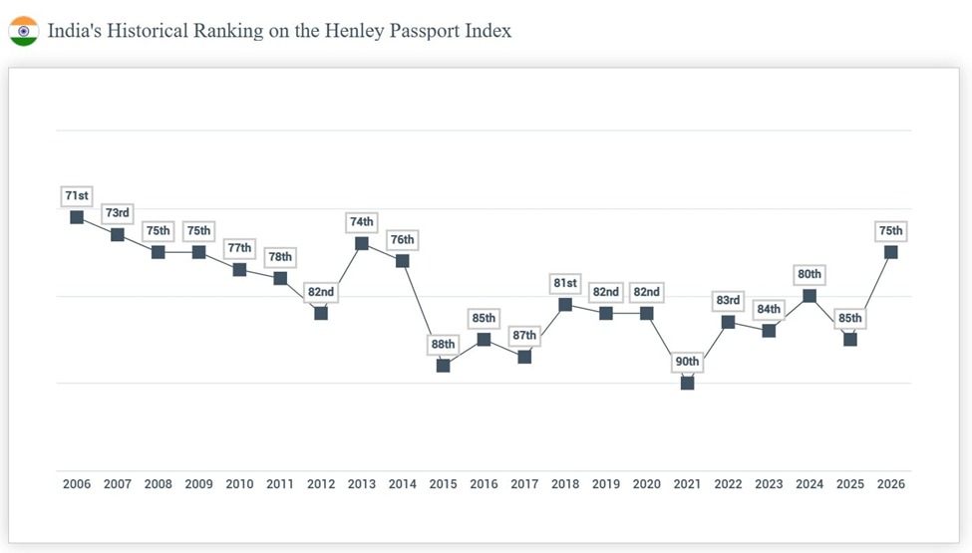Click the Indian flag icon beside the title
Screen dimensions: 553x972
23,31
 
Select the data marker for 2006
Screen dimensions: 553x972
77,217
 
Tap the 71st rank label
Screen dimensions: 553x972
77,196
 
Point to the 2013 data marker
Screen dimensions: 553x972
362,243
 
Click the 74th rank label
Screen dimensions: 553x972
362,222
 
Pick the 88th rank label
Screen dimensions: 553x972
443,345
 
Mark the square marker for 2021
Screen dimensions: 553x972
687,383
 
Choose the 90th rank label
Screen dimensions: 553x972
687,362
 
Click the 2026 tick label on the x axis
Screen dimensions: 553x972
890,484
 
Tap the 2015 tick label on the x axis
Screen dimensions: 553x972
443,484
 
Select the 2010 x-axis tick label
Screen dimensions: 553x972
239,484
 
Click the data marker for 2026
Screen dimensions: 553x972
890,252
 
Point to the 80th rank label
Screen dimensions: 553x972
810,274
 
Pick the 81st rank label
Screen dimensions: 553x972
565,283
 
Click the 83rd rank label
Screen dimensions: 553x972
728,301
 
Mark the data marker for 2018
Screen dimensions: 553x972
565,304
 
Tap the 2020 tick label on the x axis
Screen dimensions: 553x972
646,484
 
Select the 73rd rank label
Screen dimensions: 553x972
118,213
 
